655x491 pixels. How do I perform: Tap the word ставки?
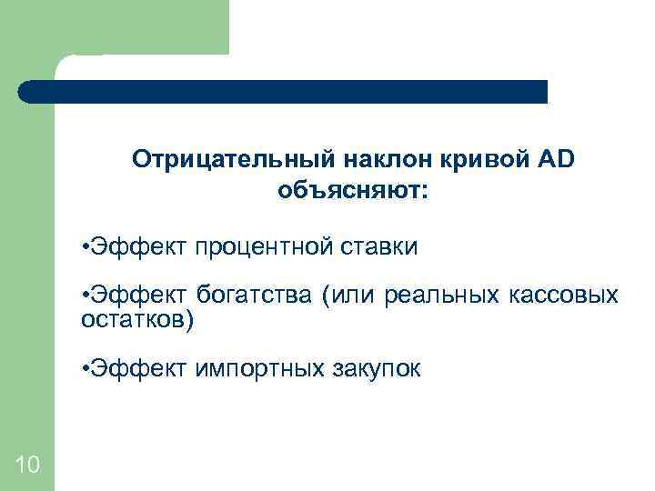378,247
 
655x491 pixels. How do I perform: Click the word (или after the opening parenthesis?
348,296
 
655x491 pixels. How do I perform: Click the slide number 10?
27,466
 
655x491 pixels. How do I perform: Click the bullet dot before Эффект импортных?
84,369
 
